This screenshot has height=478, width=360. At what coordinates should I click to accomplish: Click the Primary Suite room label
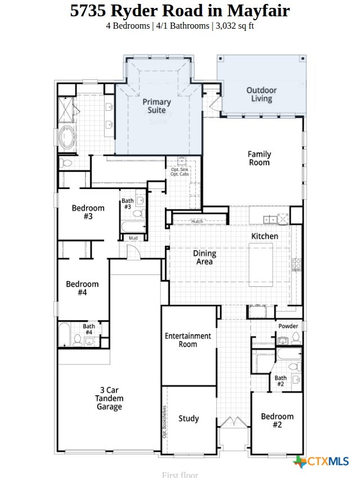156,106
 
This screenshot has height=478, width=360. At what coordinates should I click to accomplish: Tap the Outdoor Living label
262,94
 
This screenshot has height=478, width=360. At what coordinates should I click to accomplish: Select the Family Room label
259,158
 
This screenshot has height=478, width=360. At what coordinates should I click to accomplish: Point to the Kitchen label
264,236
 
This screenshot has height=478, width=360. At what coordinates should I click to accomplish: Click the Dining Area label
205,258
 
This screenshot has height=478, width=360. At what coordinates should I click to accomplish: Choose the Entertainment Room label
188,340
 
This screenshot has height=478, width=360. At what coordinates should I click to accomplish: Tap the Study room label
188,418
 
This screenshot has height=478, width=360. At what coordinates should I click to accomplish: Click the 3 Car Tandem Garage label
109,398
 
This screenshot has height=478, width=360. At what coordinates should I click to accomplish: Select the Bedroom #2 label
277,421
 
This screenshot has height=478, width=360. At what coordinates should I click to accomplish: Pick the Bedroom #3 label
88,212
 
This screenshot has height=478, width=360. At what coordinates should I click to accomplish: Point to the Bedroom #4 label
82,288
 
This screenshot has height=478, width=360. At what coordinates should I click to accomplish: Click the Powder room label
288,326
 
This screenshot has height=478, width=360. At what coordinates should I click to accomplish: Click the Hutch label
197,222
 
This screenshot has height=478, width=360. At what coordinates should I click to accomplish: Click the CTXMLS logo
322,462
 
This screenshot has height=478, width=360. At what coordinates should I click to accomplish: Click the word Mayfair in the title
258,10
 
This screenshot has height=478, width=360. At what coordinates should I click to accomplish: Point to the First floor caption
180,475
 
